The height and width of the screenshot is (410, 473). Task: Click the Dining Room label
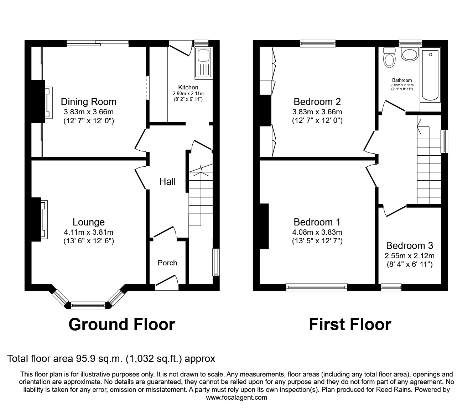(x=88, y=102)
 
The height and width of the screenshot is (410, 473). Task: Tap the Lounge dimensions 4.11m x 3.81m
(x=88, y=232)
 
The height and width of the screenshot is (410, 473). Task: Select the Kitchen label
(x=188, y=87)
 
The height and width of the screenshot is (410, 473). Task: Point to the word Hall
(x=167, y=182)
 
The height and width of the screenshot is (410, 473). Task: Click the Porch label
(x=167, y=263)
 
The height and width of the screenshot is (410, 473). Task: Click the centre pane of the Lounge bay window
(x=88, y=305)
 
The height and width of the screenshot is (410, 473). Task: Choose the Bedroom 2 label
(x=317, y=102)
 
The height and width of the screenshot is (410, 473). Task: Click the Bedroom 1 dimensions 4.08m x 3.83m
(x=317, y=232)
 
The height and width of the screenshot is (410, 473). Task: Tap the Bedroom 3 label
(x=410, y=246)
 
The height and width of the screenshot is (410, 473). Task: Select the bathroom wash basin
(x=410, y=55)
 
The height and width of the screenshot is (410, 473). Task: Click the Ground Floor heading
(x=122, y=325)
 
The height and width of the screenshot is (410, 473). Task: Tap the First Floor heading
(x=350, y=325)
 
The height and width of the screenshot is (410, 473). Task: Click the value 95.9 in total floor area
(x=82, y=358)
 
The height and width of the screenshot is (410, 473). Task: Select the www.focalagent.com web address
(x=236, y=398)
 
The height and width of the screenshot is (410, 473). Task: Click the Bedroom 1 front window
(x=317, y=287)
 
